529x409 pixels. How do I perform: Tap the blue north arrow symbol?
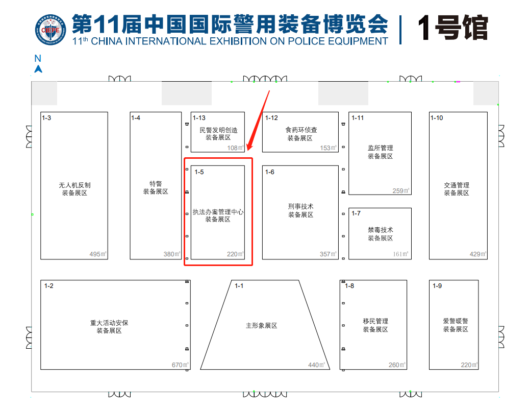click(38, 69)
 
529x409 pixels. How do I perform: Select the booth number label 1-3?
click(46, 118)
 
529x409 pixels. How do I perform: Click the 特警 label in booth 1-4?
click(156, 184)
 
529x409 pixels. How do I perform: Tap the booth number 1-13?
click(199, 118)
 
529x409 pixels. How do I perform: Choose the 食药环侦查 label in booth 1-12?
click(301, 130)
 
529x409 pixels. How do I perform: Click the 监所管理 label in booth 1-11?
click(380, 148)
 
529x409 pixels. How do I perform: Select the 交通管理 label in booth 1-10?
click(457, 185)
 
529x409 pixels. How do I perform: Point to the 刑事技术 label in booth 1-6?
click(300, 207)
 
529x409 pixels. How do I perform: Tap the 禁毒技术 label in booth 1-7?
click(380, 230)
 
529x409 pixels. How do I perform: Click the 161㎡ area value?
click(401, 254)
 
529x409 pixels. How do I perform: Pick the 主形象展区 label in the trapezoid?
click(261, 326)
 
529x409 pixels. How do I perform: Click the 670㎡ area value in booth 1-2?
click(180, 365)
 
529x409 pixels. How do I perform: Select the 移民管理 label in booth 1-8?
click(375, 321)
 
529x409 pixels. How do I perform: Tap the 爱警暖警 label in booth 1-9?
click(456, 321)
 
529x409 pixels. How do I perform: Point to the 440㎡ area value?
click(316, 365)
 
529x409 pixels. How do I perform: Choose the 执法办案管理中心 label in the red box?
click(218, 212)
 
